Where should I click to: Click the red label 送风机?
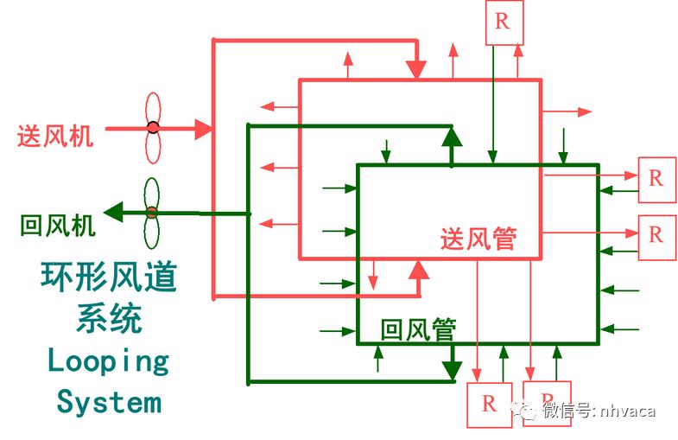(55, 136)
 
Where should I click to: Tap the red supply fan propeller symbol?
(153, 128)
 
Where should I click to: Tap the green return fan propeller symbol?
(152, 212)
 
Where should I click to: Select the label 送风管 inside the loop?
(478, 239)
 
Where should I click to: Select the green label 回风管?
(419, 328)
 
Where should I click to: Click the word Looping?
(108, 360)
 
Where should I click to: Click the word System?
(109, 401)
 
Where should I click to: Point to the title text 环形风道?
(109, 277)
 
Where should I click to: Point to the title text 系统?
(109, 319)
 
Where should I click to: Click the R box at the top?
(503, 22)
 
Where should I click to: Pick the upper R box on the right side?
(656, 179)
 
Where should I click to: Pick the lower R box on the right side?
(656, 235)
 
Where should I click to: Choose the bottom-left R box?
(489, 404)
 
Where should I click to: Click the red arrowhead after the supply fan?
(203, 129)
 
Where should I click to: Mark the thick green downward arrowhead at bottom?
(449, 369)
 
